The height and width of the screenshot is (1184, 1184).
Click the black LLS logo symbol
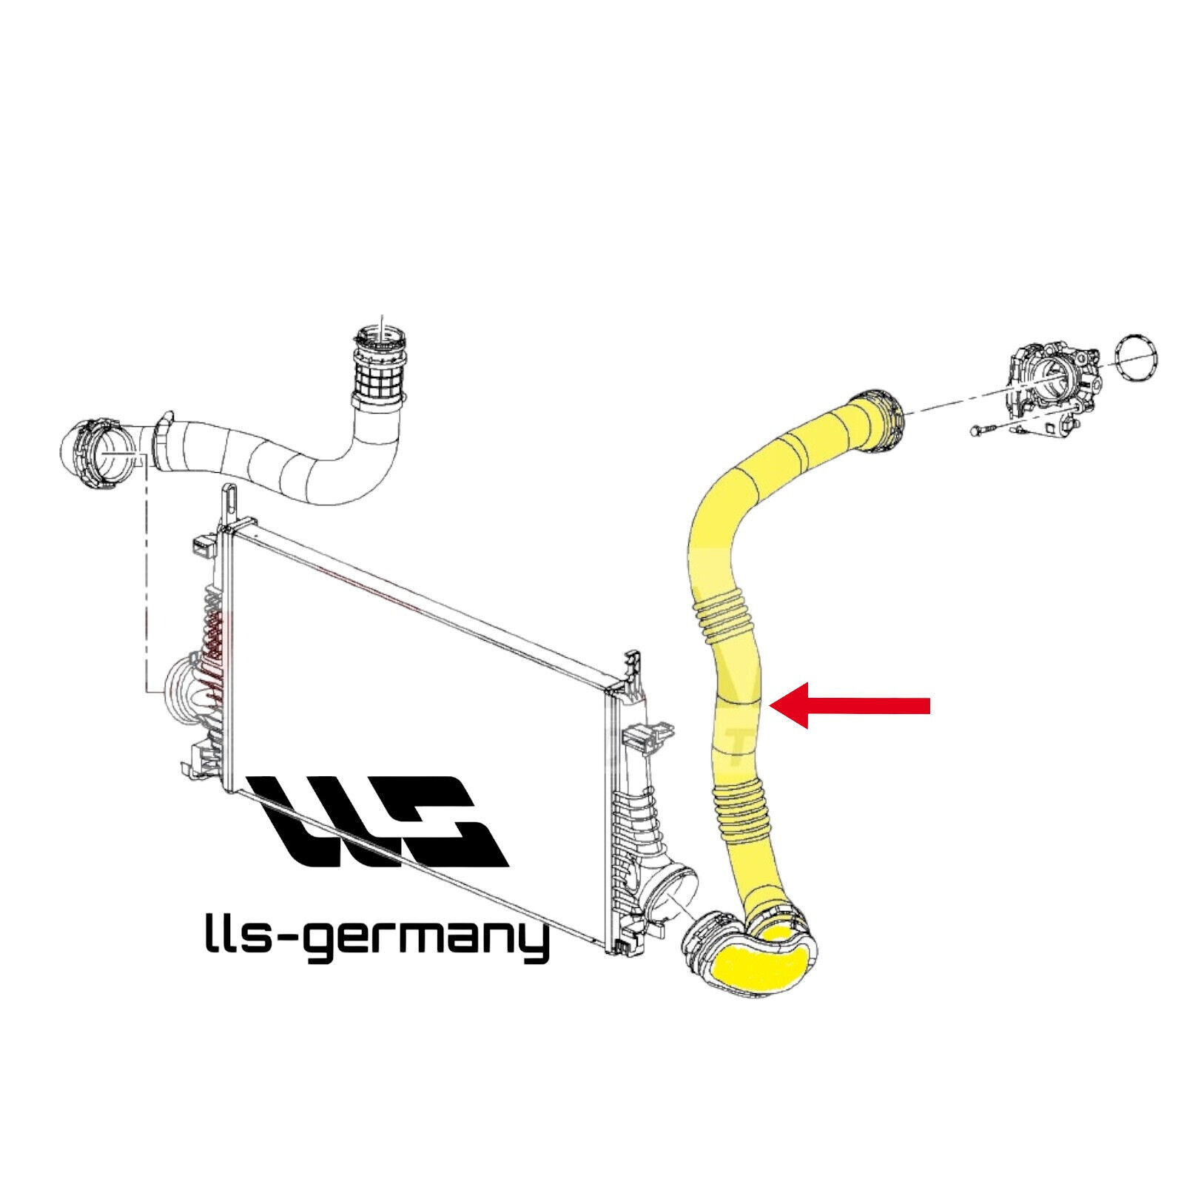[x=379, y=821]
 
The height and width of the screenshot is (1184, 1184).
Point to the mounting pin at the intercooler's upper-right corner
[x=633, y=666]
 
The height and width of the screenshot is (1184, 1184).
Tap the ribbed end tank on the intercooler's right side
[x=640, y=799]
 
